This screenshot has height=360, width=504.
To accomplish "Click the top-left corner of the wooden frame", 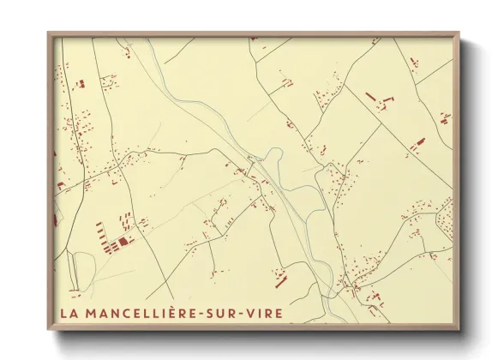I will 49,33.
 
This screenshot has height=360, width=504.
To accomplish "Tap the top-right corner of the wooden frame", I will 459,33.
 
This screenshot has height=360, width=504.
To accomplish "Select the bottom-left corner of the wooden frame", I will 49,329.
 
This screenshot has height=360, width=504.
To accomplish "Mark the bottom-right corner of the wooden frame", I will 459,329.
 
